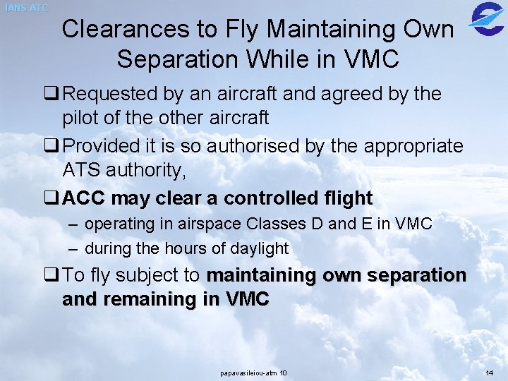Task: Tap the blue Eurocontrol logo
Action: (x=486, y=18)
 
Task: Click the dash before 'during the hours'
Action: (x=74, y=248)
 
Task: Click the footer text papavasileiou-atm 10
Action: (x=253, y=373)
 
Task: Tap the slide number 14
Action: (x=490, y=373)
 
